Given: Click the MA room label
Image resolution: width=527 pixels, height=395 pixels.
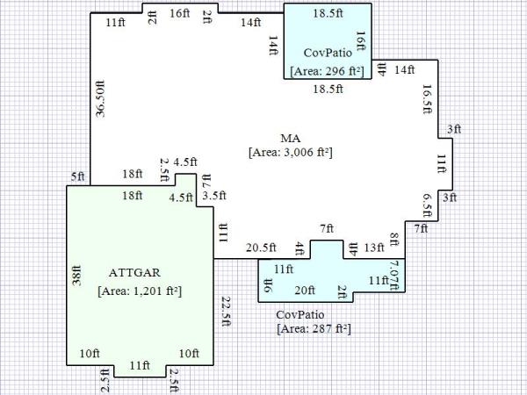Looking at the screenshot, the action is tap(291, 138).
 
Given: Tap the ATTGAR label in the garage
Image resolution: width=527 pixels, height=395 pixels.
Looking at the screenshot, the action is tap(134, 272).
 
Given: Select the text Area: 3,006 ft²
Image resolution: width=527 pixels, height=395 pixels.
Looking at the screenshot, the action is tap(291, 153).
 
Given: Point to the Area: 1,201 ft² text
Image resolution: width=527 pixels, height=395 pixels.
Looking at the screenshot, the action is tap(140, 291).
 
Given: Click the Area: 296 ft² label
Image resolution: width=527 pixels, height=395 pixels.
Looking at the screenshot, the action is tap(327, 71).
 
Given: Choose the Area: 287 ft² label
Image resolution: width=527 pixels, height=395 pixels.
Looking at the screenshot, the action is tap(314, 328).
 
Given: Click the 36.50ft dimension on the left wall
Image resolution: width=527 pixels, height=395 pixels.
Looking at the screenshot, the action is tap(100, 98).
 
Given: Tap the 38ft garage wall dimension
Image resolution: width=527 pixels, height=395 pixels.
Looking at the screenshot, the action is tap(77, 276).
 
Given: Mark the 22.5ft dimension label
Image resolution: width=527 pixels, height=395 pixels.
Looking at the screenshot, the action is tap(226, 312).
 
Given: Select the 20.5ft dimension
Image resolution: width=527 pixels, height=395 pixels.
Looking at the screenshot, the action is tap(261, 248).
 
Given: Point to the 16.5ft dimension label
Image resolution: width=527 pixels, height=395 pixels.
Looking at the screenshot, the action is tap(427, 99).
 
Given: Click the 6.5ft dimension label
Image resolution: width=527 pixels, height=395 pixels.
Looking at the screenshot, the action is tap(427, 205).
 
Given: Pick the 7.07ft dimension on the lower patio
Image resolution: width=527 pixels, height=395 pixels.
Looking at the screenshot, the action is tap(393, 276).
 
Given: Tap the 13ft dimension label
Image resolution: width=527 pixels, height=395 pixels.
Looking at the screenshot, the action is tap(374, 248).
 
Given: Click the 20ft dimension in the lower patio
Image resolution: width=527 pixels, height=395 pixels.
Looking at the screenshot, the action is tap(305, 291).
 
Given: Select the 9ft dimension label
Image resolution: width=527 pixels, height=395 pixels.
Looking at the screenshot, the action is tap(268, 285).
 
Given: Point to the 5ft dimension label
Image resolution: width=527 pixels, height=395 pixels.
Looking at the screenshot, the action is tap(77, 176).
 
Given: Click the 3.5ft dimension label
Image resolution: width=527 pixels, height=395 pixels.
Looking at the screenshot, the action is tap(214, 196).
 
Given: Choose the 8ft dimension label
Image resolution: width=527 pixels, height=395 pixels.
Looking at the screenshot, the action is tap(394, 239).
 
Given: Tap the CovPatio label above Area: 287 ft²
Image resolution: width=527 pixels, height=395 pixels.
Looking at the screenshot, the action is tap(300, 315).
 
